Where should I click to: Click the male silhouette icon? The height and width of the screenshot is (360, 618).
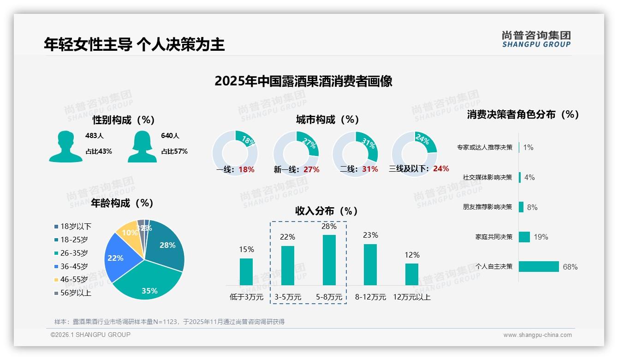(x=66, y=146)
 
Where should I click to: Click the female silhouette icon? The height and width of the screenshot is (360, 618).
(x=142, y=146)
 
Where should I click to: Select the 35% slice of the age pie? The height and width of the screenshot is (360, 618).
(x=148, y=282)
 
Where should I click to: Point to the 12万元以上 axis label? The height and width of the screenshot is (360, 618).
(x=411, y=297)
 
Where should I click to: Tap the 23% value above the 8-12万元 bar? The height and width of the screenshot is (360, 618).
(x=370, y=235)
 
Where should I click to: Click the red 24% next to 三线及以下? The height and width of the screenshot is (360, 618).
(x=441, y=169)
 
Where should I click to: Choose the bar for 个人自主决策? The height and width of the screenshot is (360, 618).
(x=539, y=267)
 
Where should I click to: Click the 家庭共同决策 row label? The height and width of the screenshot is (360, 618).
(x=493, y=237)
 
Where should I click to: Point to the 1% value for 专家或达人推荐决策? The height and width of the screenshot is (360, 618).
(x=528, y=148)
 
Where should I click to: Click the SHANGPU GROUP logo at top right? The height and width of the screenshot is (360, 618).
(x=536, y=39)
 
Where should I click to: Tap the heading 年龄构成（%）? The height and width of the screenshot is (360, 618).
(x=122, y=203)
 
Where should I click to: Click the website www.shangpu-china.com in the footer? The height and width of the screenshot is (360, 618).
(x=537, y=335)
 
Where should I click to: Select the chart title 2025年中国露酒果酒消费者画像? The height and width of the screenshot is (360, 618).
(x=303, y=81)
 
